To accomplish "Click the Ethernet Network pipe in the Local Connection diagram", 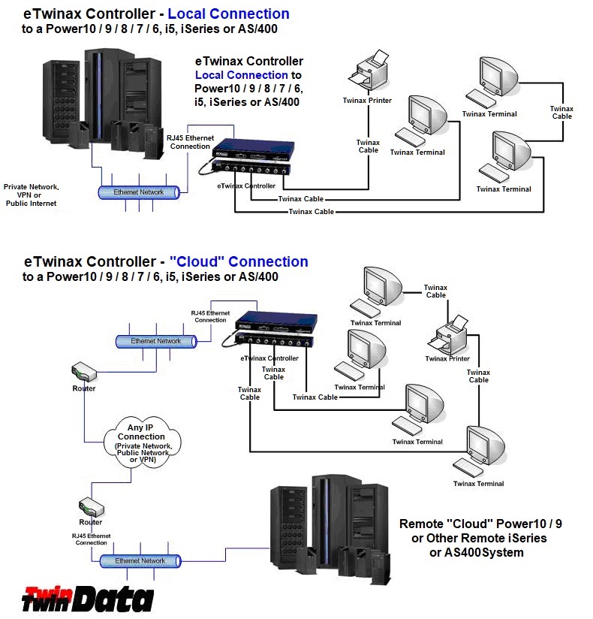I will click(x=140, y=192).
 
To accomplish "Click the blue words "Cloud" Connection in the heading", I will click(x=239, y=262).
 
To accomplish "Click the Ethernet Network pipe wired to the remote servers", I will click(x=141, y=561).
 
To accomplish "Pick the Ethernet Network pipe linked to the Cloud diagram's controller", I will click(x=156, y=341).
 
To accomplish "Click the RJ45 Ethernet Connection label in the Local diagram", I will click(x=190, y=141).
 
